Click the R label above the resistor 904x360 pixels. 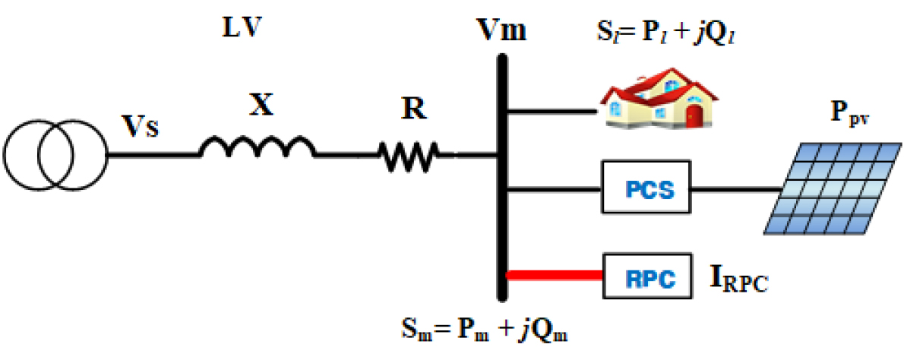click(413, 110)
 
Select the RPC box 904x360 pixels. click(647, 275)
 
